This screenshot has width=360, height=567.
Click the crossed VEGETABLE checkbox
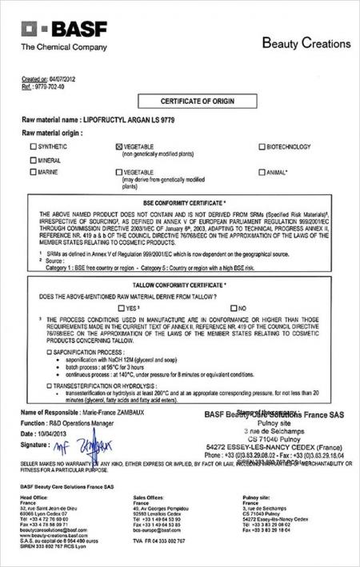click(119, 147)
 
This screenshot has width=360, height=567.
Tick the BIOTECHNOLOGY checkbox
click(262, 147)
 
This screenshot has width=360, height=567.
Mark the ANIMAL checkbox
click(262, 172)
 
